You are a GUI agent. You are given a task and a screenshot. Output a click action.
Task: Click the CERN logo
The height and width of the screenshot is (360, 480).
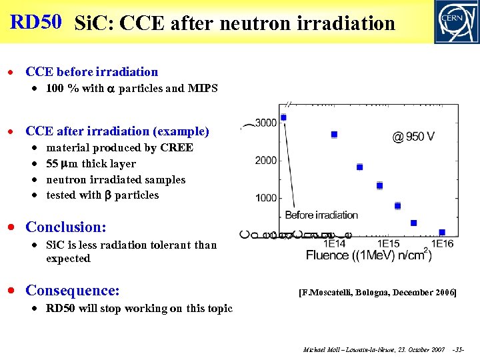click(x=455, y=22)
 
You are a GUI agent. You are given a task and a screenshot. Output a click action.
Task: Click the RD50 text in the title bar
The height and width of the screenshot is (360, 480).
click(x=36, y=22)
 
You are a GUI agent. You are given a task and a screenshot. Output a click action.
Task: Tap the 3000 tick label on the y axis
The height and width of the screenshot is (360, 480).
click(x=267, y=123)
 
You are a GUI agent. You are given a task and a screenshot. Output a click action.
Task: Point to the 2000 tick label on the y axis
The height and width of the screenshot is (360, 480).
click(x=267, y=160)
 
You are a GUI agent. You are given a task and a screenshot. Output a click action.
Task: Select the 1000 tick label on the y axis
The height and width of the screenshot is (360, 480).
click(x=267, y=198)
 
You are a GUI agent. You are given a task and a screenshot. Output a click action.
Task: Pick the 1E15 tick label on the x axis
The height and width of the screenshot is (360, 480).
click(x=382, y=244)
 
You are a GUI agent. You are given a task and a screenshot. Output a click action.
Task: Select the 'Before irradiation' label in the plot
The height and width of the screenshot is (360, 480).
click(x=321, y=215)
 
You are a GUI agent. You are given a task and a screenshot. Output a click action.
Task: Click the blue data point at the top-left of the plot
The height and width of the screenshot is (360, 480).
click(x=283, y=117)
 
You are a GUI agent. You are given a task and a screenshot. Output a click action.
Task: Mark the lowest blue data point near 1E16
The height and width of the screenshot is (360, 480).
click(x=441, y=232)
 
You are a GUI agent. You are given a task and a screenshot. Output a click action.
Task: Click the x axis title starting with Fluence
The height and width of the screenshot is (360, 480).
click(x=369, y=255)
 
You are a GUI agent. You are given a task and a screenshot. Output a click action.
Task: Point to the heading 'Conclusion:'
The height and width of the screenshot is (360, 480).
click(x=65, y=227)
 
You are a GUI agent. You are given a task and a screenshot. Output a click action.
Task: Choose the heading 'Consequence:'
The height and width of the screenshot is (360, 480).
click(x=72, y=290)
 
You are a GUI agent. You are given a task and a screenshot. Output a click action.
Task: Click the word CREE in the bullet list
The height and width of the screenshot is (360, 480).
click(x=177, y=148)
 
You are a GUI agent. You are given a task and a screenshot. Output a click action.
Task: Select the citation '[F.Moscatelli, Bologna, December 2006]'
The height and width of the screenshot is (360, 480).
click(x=378, y=292)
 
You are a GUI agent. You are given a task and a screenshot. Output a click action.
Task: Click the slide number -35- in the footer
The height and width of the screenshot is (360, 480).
click(x=459, y=349)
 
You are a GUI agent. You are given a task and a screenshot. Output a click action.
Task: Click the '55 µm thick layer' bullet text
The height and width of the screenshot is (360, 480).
click(x=91, y=164)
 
